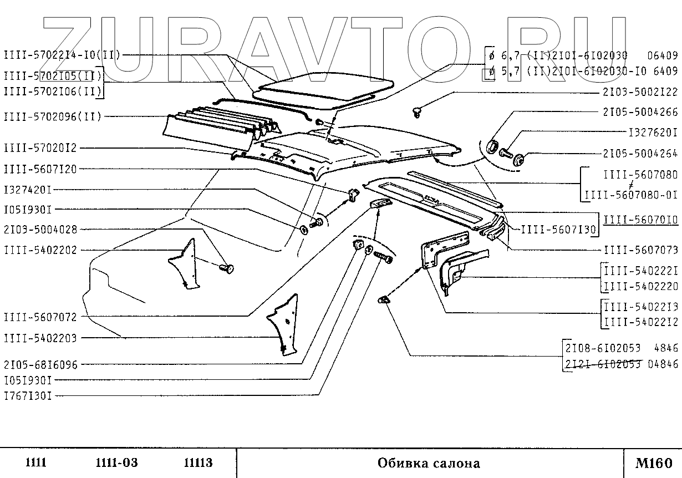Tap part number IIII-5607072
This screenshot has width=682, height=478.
click(40, 317)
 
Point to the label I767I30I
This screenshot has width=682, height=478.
click(28, 396)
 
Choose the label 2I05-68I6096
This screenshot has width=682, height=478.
click(40, 365)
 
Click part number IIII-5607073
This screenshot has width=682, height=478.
click(640, 250)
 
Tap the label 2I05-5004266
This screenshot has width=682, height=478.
click(640, 112)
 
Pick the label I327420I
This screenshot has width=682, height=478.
click(28, 190)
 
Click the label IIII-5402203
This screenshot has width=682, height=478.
click(40, 338)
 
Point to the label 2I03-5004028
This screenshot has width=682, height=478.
click(40, 229)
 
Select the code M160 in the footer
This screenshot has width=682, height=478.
click(654, 462)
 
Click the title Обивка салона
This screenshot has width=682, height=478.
click(429, 462)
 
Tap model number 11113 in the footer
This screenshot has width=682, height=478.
click(198, 462)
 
